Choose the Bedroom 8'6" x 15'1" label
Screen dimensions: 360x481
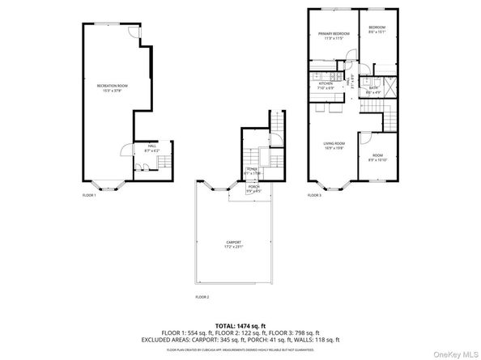[x=377, y=31]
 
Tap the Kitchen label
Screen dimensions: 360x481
[x=326, y=85]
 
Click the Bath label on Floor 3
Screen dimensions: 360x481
[x=372, y=92]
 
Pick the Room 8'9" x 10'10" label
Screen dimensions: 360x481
[x=377, y=158]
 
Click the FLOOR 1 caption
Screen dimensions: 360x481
[x=89, y=196]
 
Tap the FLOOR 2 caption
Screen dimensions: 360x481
[x=202, y=298]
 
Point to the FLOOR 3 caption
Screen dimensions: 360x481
[x=314, y=196]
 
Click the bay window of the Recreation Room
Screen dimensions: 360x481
[x=103, y=184]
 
